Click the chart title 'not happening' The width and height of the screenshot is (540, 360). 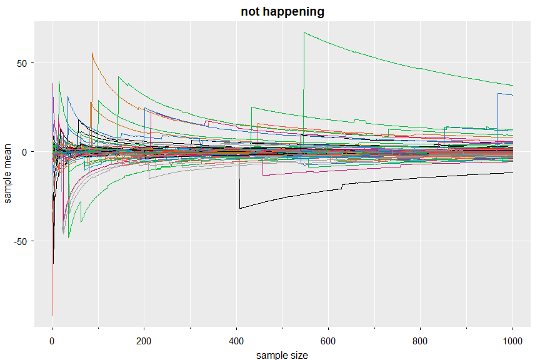click(x=282, y=11)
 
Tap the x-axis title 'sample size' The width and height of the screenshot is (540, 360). click(x=282, y=354)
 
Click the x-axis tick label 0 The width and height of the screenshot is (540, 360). click(x=52, y=339)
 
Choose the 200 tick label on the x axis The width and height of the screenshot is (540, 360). click(x=144, y=339)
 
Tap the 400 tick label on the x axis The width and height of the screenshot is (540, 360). click(x=236, y=339)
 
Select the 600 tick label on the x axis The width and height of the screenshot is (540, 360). click(x=328, y=339)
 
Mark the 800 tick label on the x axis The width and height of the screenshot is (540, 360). click(x=421, y=339)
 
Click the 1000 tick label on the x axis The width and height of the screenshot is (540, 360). click(x=512, y=339)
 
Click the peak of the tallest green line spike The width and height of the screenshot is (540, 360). click(x=304, y=32)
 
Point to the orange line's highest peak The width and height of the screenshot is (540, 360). click(x=92, y=53)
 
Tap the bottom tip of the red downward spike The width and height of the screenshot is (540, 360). click(x=52, y=316)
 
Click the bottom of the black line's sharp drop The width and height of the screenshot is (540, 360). click(x=240, y=208)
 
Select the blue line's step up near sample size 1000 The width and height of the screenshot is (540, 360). click(x=497, y=94)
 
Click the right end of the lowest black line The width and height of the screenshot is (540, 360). click(x=512, y=172)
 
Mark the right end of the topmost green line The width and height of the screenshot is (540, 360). click(x=512, y=85)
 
